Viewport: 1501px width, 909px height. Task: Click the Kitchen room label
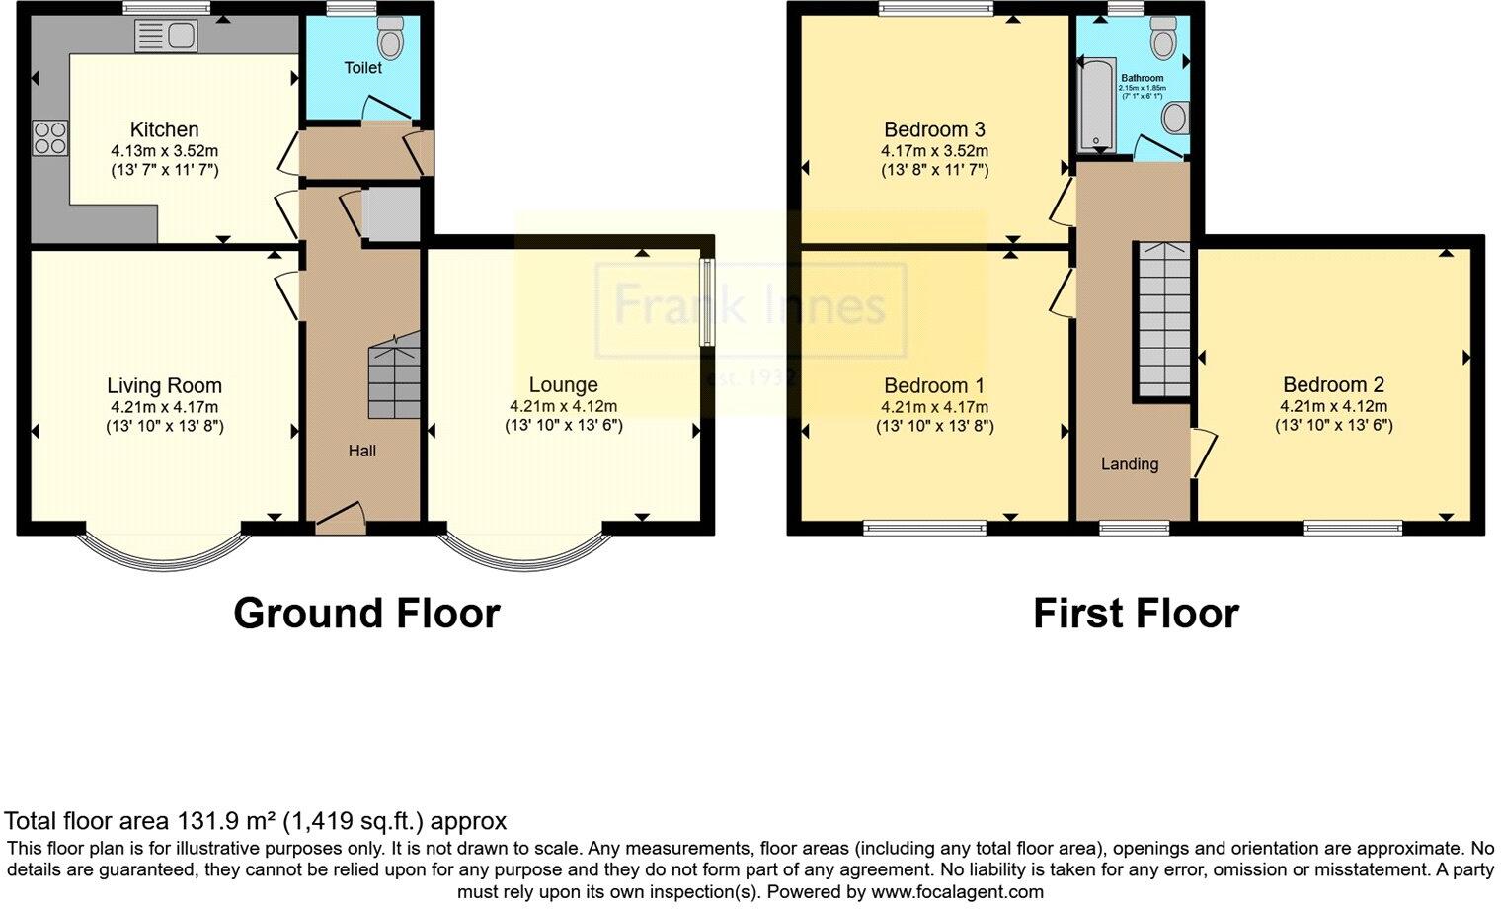(164, 129)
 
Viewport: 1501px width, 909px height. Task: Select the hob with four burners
(50, 137)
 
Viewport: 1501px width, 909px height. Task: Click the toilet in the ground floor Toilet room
(391, 39)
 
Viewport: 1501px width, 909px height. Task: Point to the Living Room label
(164, 386)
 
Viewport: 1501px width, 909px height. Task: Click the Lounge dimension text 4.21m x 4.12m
(563, 406)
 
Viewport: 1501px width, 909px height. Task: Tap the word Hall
(361, 451)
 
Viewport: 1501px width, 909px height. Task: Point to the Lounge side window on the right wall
(707, 301)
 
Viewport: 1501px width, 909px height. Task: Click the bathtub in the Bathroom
(1096, 103)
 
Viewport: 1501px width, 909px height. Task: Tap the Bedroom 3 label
(934, 129)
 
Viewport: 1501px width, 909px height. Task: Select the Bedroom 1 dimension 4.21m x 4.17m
(934, 407)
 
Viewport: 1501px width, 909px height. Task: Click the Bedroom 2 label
(1333, 385)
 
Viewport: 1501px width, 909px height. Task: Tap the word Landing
(1130, 464)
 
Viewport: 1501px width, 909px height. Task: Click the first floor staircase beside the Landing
(1162, 318)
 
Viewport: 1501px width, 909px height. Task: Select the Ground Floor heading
(366, 614)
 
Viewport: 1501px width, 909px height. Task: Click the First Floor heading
(1136, 614)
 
